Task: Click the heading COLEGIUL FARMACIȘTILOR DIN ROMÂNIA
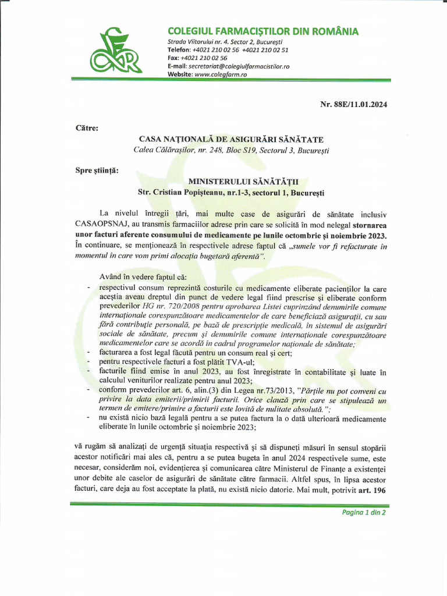[262, 31]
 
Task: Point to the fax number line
[197, 58]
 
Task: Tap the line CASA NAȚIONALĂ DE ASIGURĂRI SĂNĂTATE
[231, 139]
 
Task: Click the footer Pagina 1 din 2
[363, 513]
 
